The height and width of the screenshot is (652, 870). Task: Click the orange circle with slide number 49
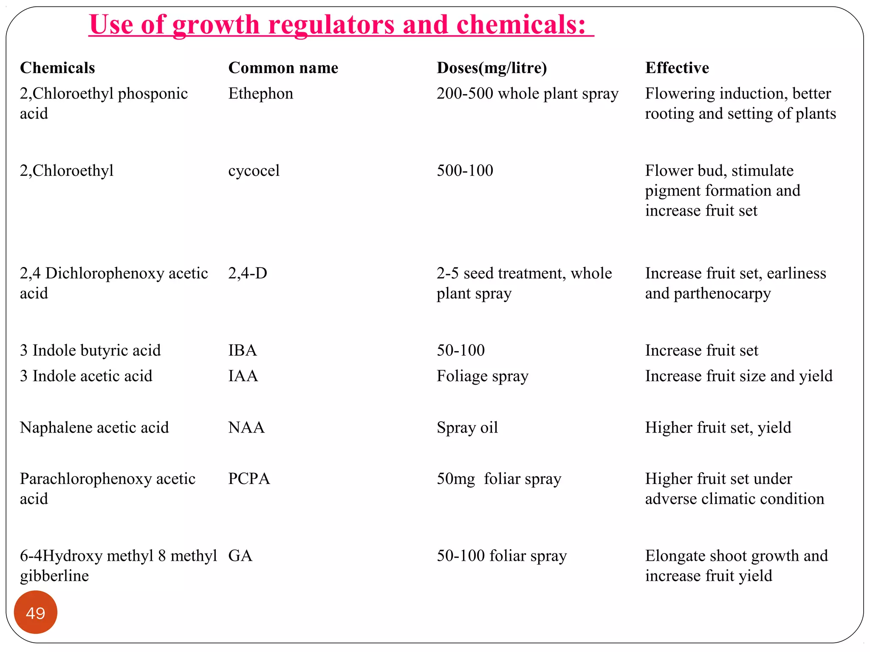(35, 612)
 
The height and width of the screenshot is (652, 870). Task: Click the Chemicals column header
(57, 68)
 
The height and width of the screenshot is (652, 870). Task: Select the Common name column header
(283, 68)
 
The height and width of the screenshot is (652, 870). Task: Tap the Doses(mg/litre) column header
(491, 68)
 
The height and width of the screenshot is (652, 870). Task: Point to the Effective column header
(677, 68)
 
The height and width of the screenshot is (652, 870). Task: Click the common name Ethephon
(260, 93)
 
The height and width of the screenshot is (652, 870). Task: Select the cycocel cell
(254, 171)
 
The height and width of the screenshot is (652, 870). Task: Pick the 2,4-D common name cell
(248, 273)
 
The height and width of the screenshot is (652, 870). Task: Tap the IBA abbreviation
(243, 350)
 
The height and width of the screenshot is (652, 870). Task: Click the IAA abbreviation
(243, 376)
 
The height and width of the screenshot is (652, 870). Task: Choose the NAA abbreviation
(246, 427)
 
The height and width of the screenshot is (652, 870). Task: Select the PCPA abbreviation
(249, 479)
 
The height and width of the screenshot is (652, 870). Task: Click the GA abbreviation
(240, 556)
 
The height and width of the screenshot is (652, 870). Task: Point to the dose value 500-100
(465, 171)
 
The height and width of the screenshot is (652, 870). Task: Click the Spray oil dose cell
(467, 427)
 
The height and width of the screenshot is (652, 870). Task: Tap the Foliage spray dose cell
(482, 376)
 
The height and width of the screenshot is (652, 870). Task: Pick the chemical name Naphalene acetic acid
(94, 427)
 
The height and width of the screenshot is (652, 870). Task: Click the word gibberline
(54, 576)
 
